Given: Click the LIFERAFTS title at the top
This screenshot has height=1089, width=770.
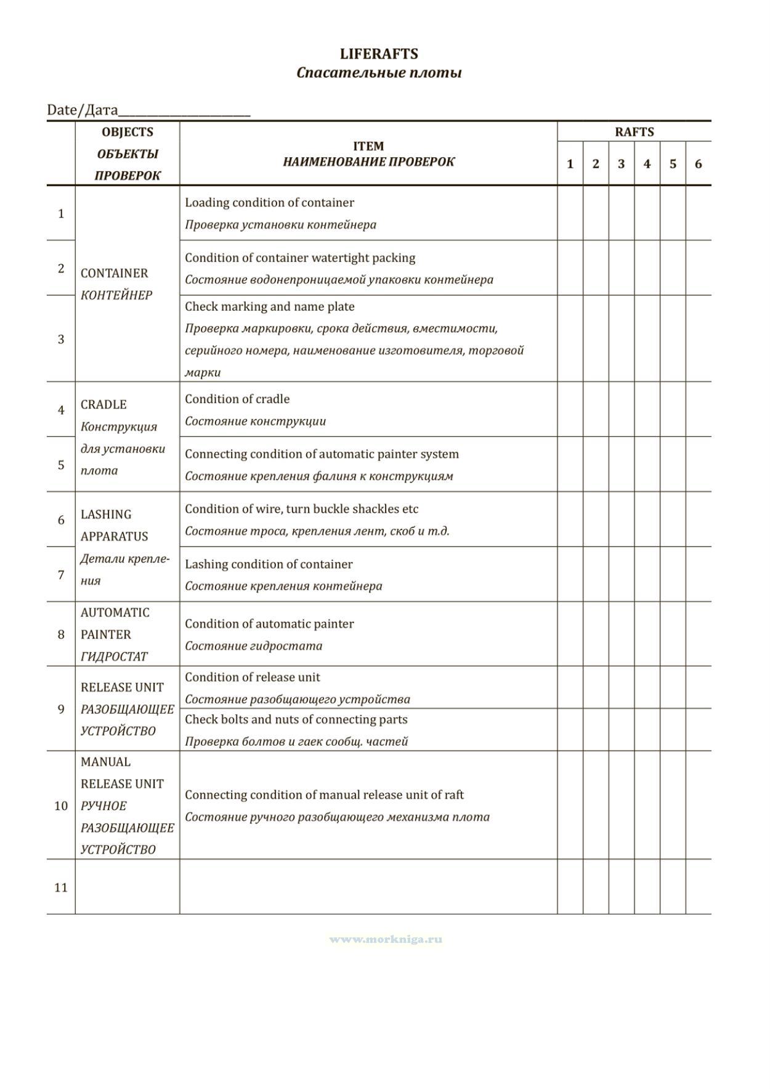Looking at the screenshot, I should click(378, 54).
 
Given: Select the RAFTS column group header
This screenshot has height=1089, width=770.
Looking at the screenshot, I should click(634, 132).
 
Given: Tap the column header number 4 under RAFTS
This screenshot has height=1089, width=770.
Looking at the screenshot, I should click(647, 164).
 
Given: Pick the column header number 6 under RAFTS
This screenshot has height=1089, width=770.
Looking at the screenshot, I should click(698, 164).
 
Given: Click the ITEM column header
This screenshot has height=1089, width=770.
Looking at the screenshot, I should click(368, 146).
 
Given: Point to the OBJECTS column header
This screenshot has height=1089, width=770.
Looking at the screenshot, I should click(128, 132).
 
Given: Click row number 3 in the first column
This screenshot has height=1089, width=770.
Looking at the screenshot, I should click(61, 339).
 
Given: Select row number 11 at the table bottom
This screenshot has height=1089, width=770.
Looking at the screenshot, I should click(61, 887).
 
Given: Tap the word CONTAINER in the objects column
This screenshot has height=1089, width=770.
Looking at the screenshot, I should click(115, 273).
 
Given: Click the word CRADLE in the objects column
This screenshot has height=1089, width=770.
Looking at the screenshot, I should click(103, 404).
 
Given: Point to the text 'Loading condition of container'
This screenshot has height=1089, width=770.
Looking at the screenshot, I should click(269, 203).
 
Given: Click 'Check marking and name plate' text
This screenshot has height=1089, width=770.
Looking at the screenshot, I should click(269, 306).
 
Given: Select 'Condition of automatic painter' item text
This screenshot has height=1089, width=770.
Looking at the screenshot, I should click(269, 624).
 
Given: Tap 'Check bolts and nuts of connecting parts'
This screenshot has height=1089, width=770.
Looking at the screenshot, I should click(296, 719).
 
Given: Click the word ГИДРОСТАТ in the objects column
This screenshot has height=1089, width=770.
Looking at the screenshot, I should click(114, 656).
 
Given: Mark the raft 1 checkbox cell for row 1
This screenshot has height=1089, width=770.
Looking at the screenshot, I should click(570, 213).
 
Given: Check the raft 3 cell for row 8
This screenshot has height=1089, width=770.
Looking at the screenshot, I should click(621, 634).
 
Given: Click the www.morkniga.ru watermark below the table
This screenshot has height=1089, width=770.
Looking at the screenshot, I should click(386, 939).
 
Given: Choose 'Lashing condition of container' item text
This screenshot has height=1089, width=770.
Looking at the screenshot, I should click(269, 564).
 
